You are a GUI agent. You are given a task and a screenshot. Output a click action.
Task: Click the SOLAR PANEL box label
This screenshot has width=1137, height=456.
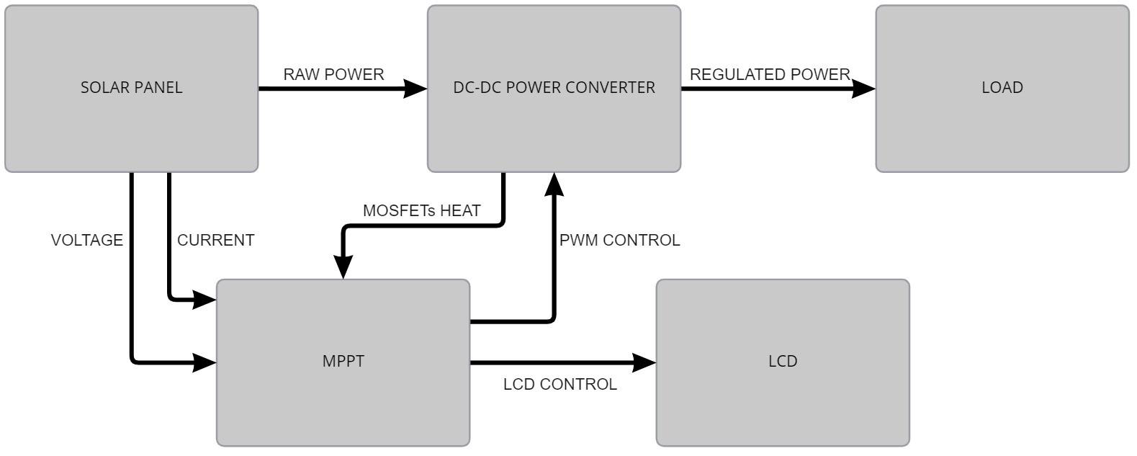(132, 88)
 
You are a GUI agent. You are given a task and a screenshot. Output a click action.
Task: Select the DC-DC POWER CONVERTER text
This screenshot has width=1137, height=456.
(554, 88)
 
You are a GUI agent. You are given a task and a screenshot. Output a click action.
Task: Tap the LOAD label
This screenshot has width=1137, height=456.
(1002, 88)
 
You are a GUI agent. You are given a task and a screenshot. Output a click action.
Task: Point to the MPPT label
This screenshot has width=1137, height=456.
(343, 361)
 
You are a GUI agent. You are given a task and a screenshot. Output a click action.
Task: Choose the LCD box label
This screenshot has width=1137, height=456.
(783, 361)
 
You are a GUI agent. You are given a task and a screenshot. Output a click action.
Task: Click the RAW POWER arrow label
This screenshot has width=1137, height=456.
(333, 74)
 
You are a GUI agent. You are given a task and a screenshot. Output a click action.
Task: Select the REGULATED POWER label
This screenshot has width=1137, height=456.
(770, 74)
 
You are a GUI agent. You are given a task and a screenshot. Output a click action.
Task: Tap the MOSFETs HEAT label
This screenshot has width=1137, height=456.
(421, 211)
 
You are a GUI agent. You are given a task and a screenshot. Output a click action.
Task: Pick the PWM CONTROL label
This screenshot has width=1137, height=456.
(619, 241)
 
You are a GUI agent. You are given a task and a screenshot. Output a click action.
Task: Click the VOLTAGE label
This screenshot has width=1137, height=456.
(86, 241)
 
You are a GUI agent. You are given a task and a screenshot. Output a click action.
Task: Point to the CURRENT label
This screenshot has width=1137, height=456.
(215, 241)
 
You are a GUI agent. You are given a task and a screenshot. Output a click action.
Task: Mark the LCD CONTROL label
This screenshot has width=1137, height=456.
(559, 385)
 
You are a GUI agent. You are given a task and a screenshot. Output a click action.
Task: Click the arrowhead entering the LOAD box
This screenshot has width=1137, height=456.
(864, 89)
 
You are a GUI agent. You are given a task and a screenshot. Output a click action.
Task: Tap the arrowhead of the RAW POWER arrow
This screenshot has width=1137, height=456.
(415, 89)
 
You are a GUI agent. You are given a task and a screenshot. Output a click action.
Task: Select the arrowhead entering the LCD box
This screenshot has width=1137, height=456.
(644, 362)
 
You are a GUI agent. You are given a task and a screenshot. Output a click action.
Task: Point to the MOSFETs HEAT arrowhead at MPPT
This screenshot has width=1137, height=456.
(343, 267)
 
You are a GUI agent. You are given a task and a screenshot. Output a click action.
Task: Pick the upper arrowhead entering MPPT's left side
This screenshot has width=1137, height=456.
(205, 299)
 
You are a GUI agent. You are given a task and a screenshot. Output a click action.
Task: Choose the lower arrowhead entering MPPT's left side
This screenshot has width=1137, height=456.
(205, 362)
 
